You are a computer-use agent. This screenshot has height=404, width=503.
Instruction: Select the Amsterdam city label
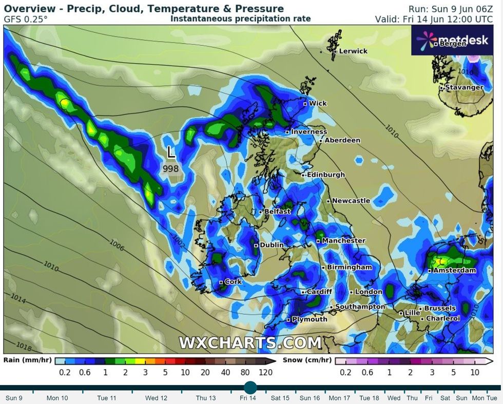click(454, 270)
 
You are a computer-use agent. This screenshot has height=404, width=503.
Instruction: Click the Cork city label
click(233, 282)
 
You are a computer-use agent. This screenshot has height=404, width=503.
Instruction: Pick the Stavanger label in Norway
click(464, 87)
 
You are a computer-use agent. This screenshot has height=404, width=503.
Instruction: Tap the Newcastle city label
click(351, 201)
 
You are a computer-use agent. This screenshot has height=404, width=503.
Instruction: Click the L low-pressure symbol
click(171, 152)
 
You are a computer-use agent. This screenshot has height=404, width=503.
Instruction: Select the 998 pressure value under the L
click(171, 168)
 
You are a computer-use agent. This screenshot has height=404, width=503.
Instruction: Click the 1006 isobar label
click(117, 246)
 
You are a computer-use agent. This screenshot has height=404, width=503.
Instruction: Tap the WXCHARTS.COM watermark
click(250, 342)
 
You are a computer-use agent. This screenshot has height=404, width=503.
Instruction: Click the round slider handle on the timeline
click(250, 388)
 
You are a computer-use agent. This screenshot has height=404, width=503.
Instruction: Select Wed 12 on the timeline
click(156, 398)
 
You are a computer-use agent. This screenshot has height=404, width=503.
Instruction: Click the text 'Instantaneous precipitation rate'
click(240, 18)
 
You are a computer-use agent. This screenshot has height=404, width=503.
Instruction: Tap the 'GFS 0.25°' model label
click(25, 19)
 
